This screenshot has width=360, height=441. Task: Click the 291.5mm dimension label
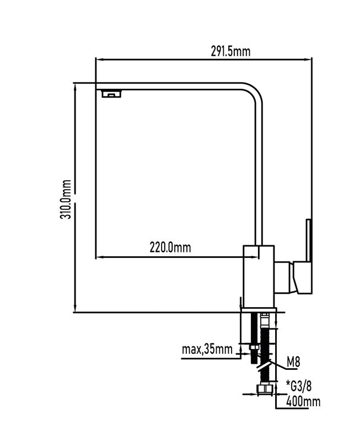[x=230, y=51]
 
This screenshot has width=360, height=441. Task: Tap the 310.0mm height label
[x=66, y=199]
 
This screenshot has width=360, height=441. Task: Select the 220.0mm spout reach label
[x=170, y=248]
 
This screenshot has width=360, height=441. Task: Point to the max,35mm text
[x=207, y=349]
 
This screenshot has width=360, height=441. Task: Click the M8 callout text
[x=293, y=362]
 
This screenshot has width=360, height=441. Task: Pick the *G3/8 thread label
[x=299, y=385]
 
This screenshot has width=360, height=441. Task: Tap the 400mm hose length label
[x=303, y=401]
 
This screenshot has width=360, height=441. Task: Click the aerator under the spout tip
[x=111, y=93]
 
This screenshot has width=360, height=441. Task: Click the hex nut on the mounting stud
[x=254, y=347]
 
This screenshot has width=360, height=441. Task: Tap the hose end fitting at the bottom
[x=265, y=390]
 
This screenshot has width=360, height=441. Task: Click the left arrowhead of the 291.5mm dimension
[x=99, y=60]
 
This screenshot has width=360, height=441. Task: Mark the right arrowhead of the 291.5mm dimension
[x=308, y=60]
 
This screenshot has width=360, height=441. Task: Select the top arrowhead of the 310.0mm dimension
[x=76, y=88]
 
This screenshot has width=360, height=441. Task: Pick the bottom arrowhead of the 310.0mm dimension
[x=76, y=308]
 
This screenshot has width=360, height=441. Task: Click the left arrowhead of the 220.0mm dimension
[x=100, y=257]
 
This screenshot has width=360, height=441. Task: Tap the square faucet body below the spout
[x=259, y=277]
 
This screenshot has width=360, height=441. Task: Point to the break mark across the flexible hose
[x=265, y=365]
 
